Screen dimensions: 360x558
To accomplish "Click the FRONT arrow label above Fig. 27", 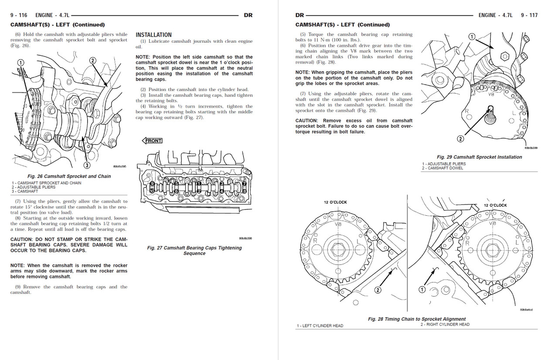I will [152, 140].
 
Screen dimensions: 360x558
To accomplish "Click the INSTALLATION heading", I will [153, 35].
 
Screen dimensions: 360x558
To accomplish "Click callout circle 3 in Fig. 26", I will [87, 165].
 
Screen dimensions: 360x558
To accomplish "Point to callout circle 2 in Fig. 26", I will [92, 61].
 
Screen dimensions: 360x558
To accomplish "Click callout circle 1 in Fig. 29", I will [472, 37].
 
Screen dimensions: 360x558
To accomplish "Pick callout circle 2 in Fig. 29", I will [460, 139].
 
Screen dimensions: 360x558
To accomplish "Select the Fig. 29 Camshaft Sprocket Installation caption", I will [479, 157].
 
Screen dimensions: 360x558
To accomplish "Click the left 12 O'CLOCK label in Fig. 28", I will [335, 202].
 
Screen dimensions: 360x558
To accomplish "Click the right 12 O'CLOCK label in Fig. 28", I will [495, 205].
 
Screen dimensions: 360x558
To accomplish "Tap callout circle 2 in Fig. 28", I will [378, 290].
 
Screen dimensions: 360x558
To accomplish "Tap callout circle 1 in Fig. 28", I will [422, 289].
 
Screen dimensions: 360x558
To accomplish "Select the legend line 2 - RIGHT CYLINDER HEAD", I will [445, 324].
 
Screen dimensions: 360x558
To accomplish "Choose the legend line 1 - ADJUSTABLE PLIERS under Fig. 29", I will [444, 164].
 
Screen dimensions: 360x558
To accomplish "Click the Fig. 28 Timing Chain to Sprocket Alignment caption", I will [416, 319].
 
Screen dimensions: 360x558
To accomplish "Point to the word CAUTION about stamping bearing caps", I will [21, 239].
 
